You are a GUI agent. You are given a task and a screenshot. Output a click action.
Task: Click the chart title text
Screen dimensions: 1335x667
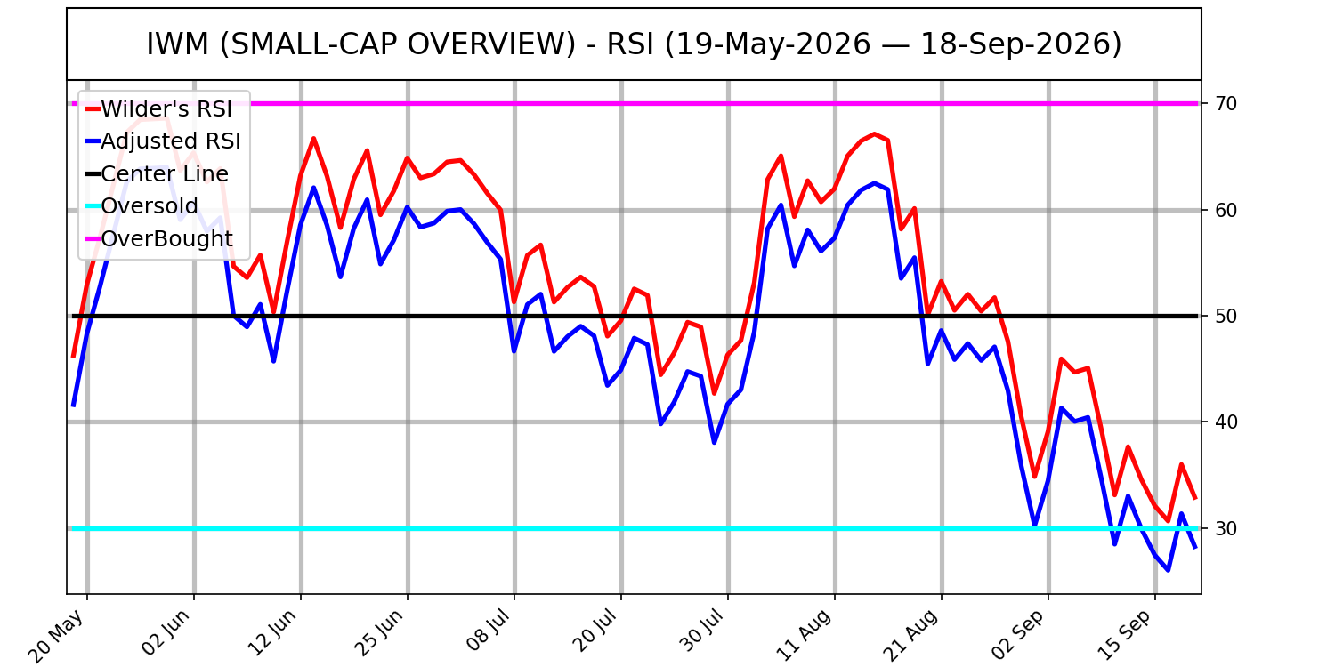pos(634,44)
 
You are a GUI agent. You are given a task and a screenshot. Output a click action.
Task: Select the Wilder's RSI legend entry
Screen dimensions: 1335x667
pos(159,109)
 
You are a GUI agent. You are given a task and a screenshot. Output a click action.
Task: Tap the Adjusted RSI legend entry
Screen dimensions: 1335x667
pos(163,141)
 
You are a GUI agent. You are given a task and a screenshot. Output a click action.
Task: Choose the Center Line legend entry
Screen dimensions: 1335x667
pos(158,174)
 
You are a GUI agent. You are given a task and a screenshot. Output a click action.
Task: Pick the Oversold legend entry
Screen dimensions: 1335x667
pos(142,206)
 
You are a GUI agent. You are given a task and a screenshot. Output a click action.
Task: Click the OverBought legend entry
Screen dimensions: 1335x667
pos(159,239)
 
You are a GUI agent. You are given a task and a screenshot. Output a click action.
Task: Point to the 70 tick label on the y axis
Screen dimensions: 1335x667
pos(1226,104)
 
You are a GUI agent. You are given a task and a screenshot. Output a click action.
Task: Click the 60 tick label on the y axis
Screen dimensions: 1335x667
pos(1226,210)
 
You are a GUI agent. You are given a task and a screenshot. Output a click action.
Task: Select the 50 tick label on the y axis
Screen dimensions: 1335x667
pos(1226,317)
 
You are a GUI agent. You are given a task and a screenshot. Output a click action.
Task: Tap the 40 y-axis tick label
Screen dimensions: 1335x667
pos(1226,422)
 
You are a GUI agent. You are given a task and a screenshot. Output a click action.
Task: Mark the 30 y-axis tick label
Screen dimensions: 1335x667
pos(1226,529)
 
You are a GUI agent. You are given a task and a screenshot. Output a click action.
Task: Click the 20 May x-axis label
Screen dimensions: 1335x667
pos(57,635)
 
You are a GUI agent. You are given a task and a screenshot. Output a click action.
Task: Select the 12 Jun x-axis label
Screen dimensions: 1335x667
pos(271,633)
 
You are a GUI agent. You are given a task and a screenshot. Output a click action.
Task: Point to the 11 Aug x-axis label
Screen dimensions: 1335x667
pos(805,634)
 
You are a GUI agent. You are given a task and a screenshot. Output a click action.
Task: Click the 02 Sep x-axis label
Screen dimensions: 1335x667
pos(1018,633)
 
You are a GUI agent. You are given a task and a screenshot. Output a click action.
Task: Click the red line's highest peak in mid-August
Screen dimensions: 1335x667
pos(874,133)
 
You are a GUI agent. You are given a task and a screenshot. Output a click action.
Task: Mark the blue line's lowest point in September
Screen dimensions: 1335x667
pos(1168,571)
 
